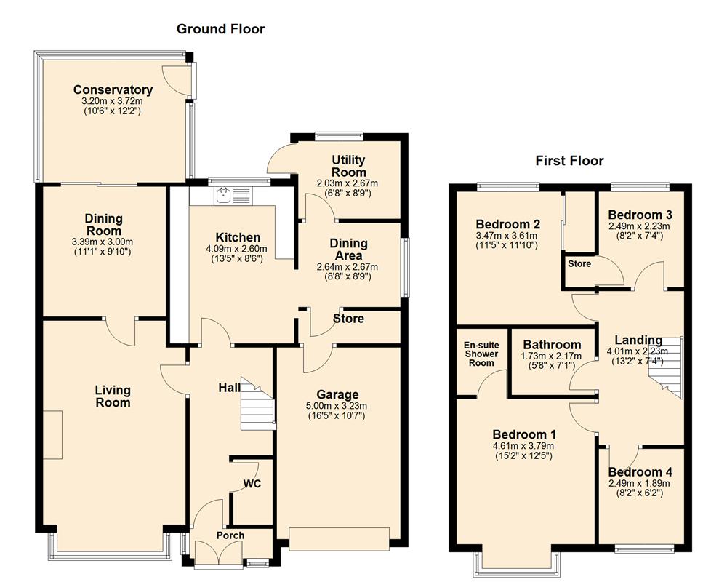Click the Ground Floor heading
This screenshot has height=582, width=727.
click(221, 29)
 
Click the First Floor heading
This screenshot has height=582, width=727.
click(569, 161)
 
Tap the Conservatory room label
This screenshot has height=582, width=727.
click(113, 90)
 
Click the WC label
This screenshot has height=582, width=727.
click(252, 484)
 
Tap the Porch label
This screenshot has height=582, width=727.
click(230, 535)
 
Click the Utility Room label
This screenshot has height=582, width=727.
click(348, 165)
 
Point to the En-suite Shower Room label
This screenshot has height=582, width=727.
click(481, 354)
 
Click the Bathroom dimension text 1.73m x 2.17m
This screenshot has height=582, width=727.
click(552, 356)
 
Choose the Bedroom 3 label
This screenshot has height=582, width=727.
click(640, 215)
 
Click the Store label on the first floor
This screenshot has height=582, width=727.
click(579, 263)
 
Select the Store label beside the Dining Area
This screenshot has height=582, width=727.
click(348, 319)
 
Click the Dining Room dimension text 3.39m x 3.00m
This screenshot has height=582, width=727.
click(103, 242)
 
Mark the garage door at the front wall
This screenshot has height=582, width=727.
click(339, 538)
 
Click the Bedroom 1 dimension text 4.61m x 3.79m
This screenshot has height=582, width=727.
click(523, 446)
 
